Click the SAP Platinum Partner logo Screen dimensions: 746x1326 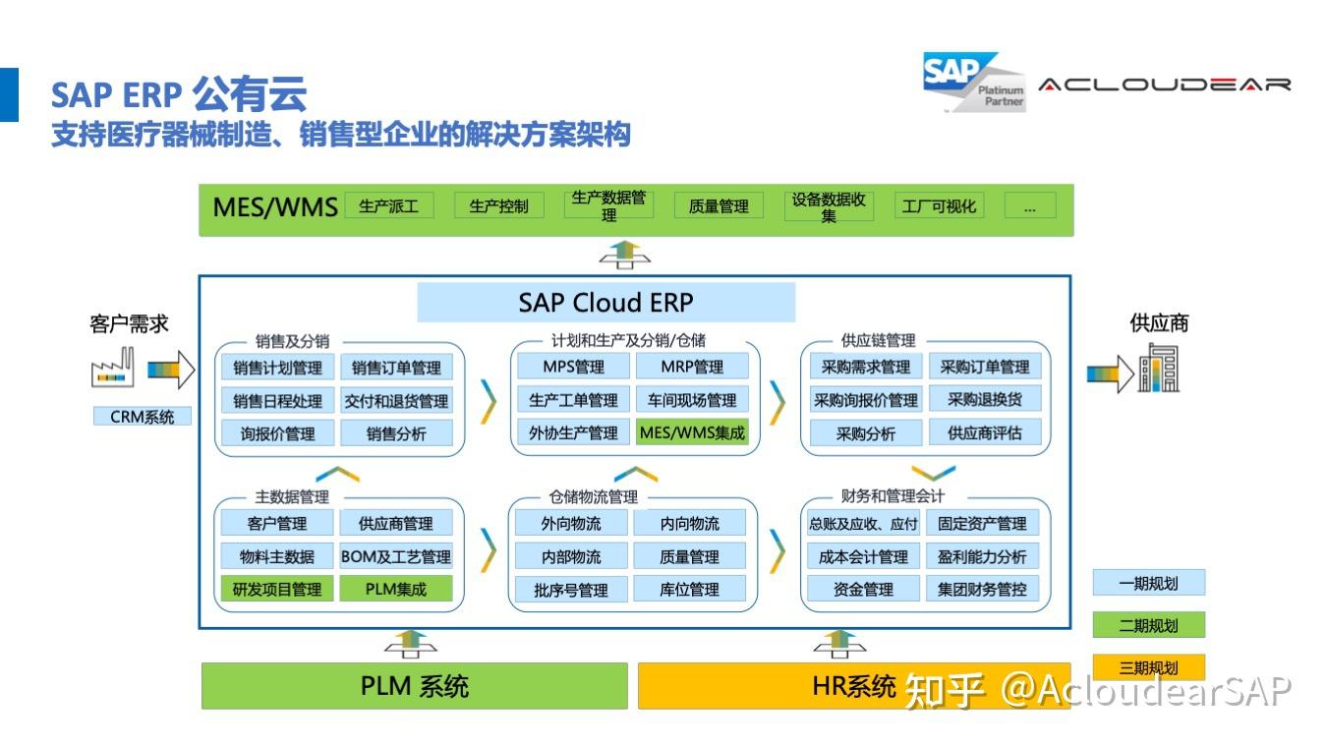tap(972, 82)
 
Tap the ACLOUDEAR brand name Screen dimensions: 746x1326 tap(1164, 85)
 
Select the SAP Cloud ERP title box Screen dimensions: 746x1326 tap(605, 302)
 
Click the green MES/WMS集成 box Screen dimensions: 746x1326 tap(691, 432)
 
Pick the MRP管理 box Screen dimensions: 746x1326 tap(691, 368)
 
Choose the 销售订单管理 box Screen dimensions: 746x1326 tap(396, 369)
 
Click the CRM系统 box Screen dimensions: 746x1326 tap(143, 417)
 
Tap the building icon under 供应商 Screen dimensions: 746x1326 tap(1158, 370)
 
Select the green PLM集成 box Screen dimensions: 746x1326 tap(396, 590)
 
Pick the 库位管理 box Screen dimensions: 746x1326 tap(689, 590)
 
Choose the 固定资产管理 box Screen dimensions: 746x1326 tap(981, 524)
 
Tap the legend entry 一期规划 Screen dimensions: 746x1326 tap(1148, 583)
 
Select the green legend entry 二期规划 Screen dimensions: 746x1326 tap(1148, 625)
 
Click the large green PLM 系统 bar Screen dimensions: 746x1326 tap(414, 686)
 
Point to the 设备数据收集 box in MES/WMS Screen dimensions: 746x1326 tap(829, 206)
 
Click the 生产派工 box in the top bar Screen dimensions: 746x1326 tap(389, 206)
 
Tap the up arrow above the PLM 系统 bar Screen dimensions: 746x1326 tap(411, 644)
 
